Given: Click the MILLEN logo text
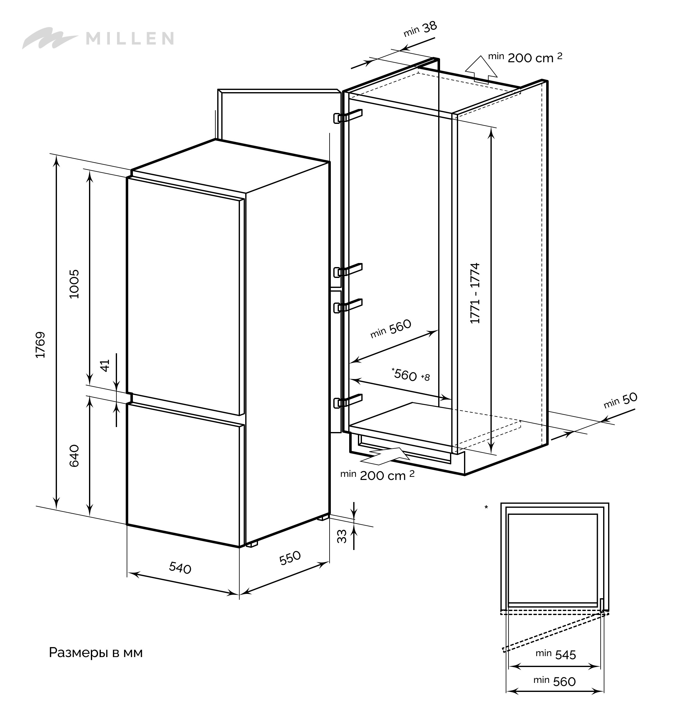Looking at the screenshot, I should (129, 38).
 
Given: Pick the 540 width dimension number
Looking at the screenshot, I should (180, 568).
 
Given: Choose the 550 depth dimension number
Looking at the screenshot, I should (290, 558).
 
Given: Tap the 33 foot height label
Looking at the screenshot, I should (342, 536).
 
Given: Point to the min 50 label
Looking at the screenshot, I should (620, 400).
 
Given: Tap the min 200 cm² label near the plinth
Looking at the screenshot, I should (377, 475).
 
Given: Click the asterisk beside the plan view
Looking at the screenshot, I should (486, 507).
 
